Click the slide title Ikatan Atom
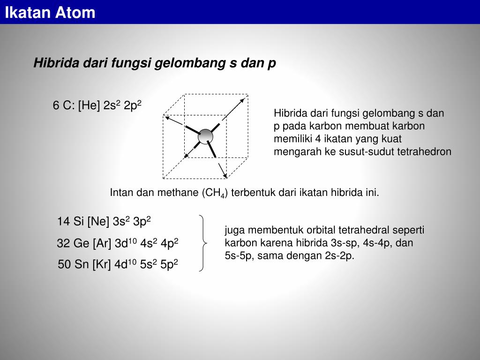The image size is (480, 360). click(50, 13)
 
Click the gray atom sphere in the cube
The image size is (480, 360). click(205, 136)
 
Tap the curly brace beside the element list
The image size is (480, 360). click(202, 243)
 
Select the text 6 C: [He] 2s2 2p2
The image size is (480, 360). click(97, 105)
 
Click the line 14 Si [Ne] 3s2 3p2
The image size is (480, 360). click(104, 221)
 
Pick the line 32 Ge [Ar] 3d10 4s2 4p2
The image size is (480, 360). click(117, 243)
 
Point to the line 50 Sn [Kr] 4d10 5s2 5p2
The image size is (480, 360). click(118, 265)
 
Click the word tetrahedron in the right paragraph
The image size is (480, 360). click(424, 151)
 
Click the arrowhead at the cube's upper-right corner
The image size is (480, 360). click(242, 100)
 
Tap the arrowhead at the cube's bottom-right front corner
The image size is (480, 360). click(225, 176)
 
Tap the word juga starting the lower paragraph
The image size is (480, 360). click(235, 230)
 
